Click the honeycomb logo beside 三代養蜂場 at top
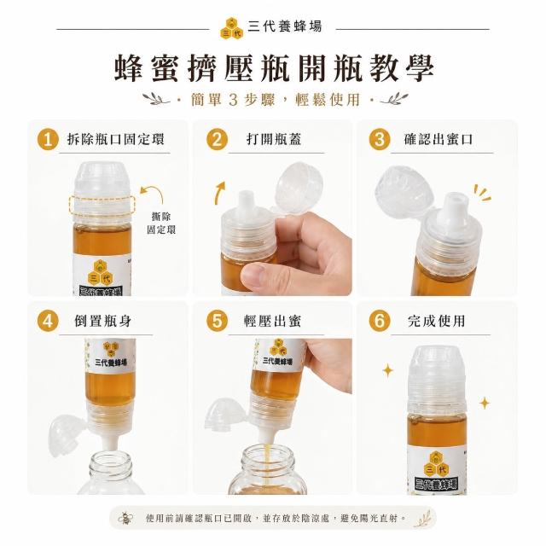[x=232, y=28]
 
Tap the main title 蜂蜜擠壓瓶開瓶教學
[x=275, y=68]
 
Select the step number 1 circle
[x=48, y=140]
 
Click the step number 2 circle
[x=217, y=140]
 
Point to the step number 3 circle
[x=380, y=140]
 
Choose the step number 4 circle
[x=48, y=321]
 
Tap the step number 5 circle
[x=217, y=321]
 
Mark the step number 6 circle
[x=380, y=321]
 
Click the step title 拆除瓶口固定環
[x=116, y=139]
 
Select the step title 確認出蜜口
[x=438, y=139]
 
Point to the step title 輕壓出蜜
[x=272, y=321]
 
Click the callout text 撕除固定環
[x=161, y=224]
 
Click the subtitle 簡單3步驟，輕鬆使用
[x=275, y=100]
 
